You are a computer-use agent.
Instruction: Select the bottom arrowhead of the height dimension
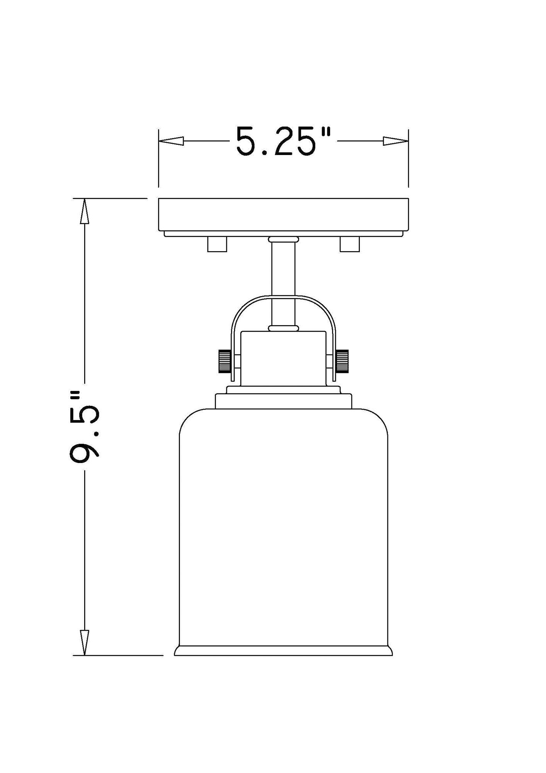coord(84,642)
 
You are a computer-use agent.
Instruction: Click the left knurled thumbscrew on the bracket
coord(225,361)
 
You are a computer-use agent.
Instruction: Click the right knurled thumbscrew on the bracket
coord(343,361)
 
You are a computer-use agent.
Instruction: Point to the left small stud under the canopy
coord(217,244)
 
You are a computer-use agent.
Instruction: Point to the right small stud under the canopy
coord(349,244)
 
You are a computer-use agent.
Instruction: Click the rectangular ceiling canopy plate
coord(283,215)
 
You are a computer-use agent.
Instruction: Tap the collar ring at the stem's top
coord(283,240)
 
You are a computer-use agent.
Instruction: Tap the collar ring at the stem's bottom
coord(283,328)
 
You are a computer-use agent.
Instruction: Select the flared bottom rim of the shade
coord(283,650)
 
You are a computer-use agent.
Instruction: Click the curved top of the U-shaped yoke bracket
coord(283,297)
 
